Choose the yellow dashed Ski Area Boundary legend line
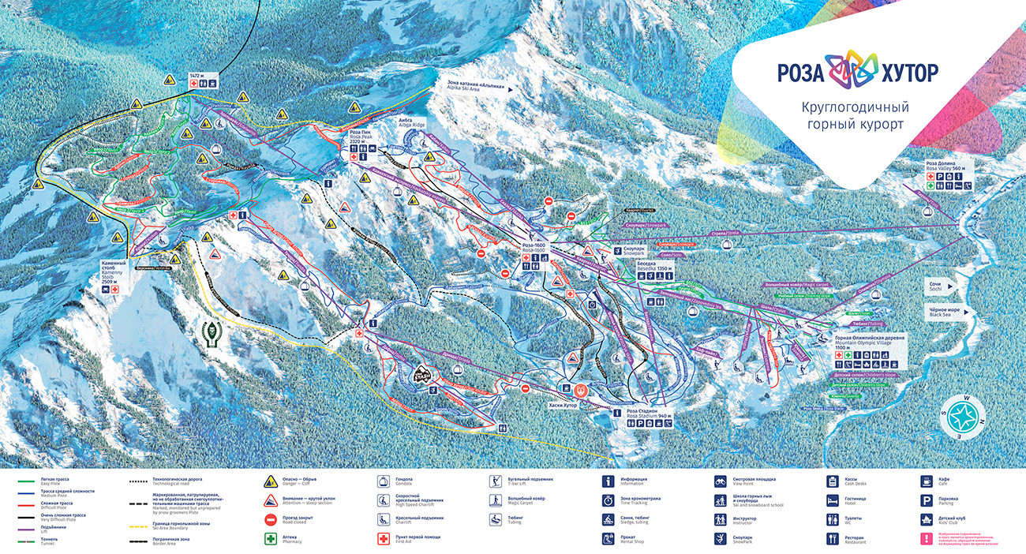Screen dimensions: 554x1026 (139, 522)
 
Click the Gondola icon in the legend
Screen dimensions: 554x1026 (380, 480)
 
